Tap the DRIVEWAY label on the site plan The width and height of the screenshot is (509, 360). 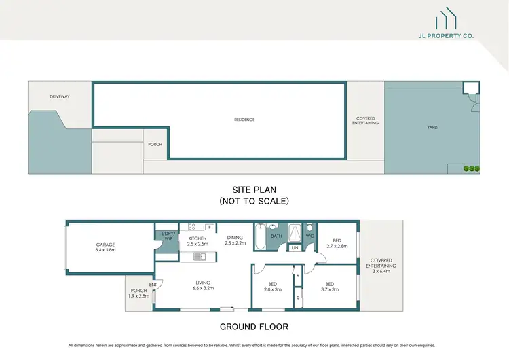click(x=60, y=96)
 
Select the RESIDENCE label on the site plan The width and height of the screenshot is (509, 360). click(x=244, y=120)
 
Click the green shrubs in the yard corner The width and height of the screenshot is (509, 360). click(x=472, y=168)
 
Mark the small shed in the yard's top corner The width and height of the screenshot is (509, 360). click(x=471, y=89)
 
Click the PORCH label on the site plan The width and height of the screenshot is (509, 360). click(x=155, y=145)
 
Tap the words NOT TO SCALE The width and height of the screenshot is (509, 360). click(x=254, y=201)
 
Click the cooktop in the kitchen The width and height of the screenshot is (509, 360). click(x=191, y=227)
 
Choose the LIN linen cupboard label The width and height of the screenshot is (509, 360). click(x=295, y=249)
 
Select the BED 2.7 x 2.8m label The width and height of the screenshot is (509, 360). click(x=337, y=243)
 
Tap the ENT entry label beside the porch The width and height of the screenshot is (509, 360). click(x=153, y=284)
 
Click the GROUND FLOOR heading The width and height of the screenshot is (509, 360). click(x=254, y=326)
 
